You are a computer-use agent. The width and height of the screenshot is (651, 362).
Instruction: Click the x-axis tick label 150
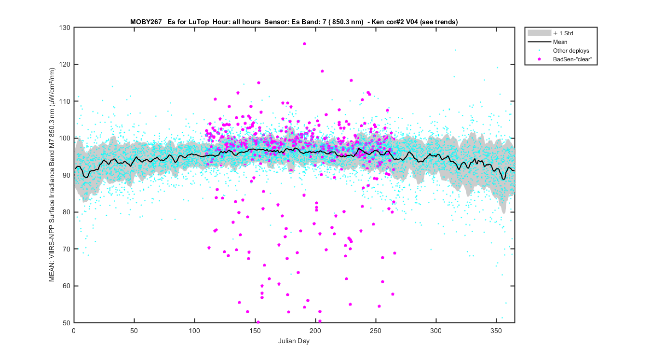(x=255, y=331)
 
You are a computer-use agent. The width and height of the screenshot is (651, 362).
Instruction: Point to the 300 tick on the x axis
(x=435, y=331)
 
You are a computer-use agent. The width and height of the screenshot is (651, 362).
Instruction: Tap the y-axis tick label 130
(x=65, y=28)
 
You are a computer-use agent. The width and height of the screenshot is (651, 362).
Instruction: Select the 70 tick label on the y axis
(x=67, y=249)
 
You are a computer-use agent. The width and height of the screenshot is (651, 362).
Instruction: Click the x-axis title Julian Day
(x=294, y=341)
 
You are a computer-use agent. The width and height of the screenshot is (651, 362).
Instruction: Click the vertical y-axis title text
(x=52, y=175)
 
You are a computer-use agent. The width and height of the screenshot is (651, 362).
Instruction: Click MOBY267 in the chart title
(x=146, y=22)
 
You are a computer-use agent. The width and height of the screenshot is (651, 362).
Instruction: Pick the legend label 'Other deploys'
(x=571, y=51)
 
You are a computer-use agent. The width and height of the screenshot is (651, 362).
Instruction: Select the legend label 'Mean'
(x=560, y=42)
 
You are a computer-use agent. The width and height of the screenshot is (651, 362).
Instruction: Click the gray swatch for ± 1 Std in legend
(x=540, y=33)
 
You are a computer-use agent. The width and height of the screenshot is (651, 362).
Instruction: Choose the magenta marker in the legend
(x=540, y=59)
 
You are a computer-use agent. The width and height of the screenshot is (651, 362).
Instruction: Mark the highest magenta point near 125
(x=304, y=43)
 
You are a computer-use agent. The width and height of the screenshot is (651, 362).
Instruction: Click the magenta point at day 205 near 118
(x=322, y=71)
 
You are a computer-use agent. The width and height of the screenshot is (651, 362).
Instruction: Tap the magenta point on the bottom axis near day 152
(x=258, y=322)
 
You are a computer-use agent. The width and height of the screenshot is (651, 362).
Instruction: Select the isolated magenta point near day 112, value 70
(x=209, y=248)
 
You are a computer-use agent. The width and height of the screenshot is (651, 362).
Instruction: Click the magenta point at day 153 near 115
(x=258, y=83)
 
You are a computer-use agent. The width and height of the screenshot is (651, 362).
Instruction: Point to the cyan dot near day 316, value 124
(x=455, y=50)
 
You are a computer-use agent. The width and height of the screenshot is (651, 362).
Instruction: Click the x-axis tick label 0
(x=74, y=331)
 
